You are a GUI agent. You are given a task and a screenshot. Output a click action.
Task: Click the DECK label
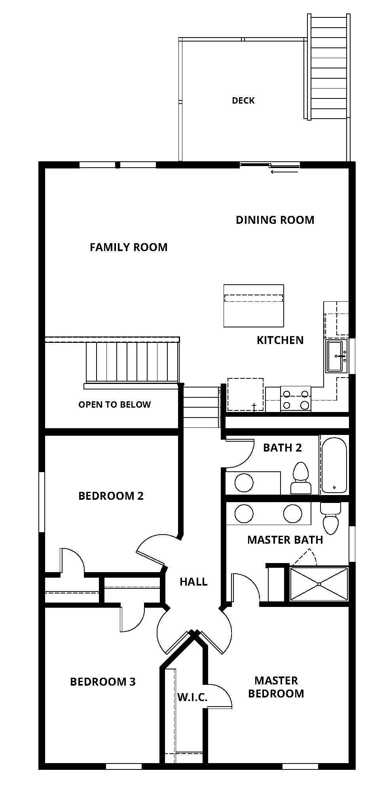click(x=243, y=100)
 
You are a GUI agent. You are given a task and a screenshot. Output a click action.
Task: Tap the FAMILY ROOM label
click(x=129, y=247)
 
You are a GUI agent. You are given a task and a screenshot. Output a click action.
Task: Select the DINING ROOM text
click(x=275, y=220)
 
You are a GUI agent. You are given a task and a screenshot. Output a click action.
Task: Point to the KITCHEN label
click(x=280, y=340)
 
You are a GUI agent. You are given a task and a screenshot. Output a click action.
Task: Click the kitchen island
click(x=254, y=306)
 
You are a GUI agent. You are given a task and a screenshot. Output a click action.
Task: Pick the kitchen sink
click(x=336, y=356)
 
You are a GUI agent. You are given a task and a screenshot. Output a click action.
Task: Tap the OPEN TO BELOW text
click(x=114, y=404)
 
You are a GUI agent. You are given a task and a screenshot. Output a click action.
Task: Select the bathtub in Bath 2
click(x=334, y=465)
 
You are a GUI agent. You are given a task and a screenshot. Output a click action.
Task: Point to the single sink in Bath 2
click(x=244, y=483)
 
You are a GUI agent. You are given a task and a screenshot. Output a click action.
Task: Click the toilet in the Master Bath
click(x=330, y=518)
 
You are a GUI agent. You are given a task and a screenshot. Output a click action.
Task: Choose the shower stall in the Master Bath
click(x=319, y=584)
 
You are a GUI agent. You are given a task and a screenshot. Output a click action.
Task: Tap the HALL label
click(x=193, y=582)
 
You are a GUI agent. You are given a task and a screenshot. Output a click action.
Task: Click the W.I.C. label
click(x=192, y=697)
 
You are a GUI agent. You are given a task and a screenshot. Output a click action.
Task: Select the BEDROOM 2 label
click(x=111, y=496)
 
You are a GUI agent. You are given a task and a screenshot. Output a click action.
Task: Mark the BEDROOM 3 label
click(x=103, y=682)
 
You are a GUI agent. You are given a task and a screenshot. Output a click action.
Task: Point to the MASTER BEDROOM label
click(x=276, y=687)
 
